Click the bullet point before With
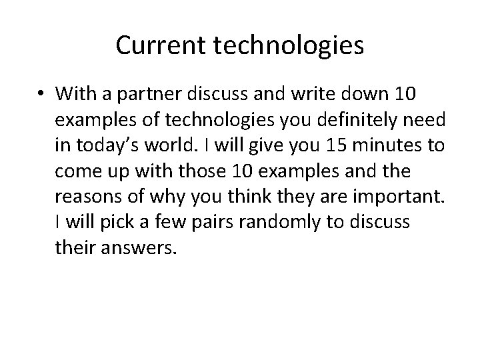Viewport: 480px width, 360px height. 41,95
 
